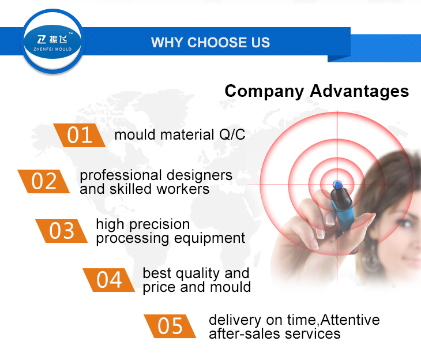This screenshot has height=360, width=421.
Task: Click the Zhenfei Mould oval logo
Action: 52,42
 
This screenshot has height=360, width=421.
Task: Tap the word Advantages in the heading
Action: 359,91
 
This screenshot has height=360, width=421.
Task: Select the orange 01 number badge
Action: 80,135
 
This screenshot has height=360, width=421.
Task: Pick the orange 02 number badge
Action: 44,181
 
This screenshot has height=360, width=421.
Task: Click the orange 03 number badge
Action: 62,231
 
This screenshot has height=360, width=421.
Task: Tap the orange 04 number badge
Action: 109,280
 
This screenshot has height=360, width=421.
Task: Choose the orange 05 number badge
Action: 170,326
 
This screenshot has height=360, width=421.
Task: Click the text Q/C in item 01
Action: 232,134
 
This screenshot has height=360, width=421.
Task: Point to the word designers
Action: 199,175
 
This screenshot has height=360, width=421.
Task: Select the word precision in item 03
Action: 160,224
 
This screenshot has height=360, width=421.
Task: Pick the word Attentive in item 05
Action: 350,320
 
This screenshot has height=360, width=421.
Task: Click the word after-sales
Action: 245,334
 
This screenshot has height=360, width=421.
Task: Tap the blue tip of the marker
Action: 337,185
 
